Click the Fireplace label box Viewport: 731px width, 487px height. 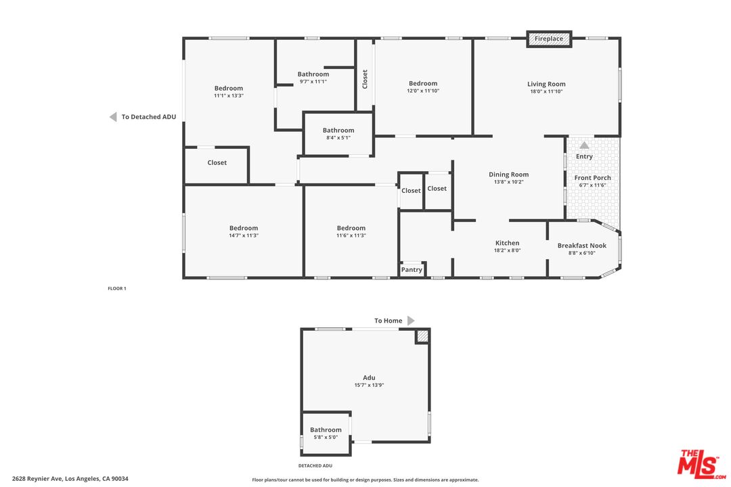coord(549,39)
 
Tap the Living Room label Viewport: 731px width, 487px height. coord(546,84)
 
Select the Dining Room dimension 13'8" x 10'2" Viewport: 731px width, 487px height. coord(508,182)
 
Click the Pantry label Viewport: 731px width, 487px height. coord(412,269)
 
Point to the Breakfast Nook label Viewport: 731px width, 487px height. coord(582,246)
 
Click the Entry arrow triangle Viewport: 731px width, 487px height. coord(584,145)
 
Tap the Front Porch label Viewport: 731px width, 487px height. coord(592,178)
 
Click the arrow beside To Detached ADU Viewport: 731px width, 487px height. coord(113,117)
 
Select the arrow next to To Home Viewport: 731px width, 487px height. coord(411,321)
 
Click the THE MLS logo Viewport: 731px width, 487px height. coord(701,464)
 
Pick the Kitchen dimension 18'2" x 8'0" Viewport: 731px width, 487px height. coord(507,251)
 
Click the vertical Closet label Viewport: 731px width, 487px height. coord(365,79)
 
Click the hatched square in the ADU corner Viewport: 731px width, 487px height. coord(422,337)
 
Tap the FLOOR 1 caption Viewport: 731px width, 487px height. coord(117,288)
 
